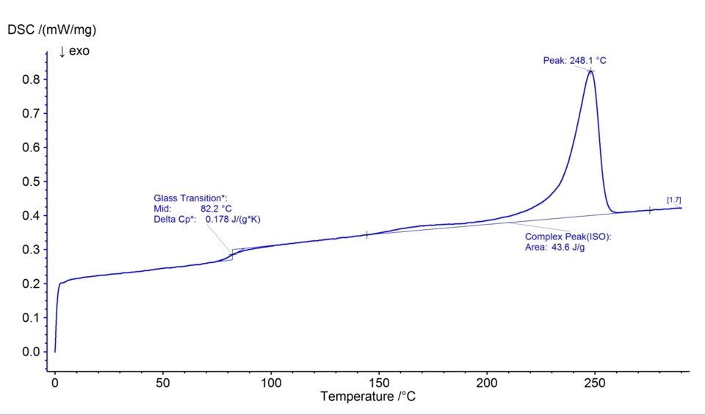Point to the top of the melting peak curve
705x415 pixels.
point(590,71)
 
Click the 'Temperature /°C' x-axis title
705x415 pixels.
point(372,397)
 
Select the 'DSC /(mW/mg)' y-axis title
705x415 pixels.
point(52,30)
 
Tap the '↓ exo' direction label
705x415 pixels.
point(73,51)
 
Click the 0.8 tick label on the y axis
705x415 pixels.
point(29,79)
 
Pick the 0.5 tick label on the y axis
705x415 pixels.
point(29,181)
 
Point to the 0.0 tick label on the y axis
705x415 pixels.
point(29,352)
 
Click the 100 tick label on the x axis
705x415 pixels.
point(271,383)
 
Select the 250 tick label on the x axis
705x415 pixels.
point(595,383)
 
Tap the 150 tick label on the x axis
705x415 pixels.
point(379,383)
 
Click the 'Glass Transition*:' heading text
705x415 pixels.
point(190,198)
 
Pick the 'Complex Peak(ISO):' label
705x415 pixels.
point(568,237)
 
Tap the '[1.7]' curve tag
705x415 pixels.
point(673,200)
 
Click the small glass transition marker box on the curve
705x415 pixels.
point(232,254)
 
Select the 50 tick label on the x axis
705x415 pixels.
point(163,383)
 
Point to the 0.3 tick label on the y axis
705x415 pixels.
point(29,250)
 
